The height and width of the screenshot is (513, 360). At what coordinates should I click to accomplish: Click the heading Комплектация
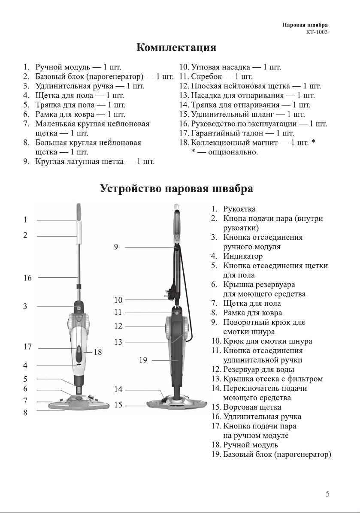pos(176,48)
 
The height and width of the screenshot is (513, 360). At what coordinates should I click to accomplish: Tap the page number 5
pos(327,494)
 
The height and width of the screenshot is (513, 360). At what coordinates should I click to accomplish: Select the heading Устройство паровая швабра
pos(176,189)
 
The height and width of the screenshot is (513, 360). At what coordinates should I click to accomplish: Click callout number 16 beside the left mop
pos(27,278)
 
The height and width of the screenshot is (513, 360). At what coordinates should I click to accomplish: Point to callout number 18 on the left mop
pos(98,352)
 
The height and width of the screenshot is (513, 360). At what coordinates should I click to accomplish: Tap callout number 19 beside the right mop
pos(143,360)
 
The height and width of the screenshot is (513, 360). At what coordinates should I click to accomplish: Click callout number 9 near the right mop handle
pos(116,247)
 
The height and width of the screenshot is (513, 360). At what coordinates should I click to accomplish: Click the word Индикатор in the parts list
pos(243,256)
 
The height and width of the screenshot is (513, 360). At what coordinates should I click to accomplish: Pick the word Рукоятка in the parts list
pos(239,209)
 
